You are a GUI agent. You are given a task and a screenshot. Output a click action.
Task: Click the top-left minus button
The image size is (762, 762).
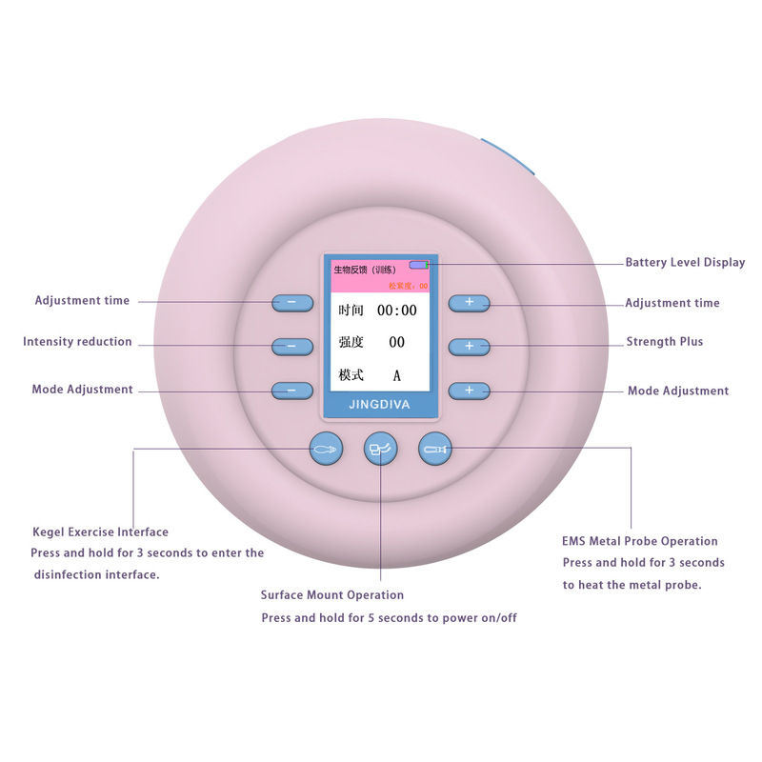pyautogui.click(x=291, y=303)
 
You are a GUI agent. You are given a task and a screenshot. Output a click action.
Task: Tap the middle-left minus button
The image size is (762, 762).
pyautogui.click(x=291, y=346)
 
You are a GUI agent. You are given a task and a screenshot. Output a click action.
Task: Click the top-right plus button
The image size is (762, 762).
pyautogui.click(x=469, y=303)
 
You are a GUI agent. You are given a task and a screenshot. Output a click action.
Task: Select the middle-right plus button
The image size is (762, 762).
pyautogui.click(x=469, y=346)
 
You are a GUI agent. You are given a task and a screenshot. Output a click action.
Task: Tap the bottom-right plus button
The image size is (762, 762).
pyautogui.click(x=469, y=391)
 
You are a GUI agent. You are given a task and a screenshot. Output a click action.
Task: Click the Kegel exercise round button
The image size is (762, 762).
pyautogui.click(x=325, y=447)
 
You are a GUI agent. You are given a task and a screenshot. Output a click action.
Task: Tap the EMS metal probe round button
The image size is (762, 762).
pyautogui.click(x=435, y=448)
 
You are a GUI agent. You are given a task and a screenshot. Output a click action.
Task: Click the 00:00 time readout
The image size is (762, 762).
pyautogui.click(x=396, y=311)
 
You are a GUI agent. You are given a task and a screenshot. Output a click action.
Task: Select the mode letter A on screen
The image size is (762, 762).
pyautogui.click(x=397, y=375)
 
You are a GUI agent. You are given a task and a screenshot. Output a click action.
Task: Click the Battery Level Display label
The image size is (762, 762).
pyautogui.click(x=685, y=263)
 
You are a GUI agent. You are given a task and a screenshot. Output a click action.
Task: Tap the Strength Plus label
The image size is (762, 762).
pyautogui.click(x=665, y=342)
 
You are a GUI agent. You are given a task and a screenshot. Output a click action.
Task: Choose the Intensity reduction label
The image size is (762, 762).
pyautogui.click(x=77, y=342)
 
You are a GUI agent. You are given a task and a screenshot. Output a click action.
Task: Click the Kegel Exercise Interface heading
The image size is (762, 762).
pyautogui.click(x=100, y=532)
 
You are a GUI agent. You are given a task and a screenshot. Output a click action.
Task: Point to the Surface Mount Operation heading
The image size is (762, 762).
pyautogui.click(x=332, y=595)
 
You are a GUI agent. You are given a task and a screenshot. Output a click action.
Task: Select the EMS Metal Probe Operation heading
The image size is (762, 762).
pyautogui.click(x=640, y=541)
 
